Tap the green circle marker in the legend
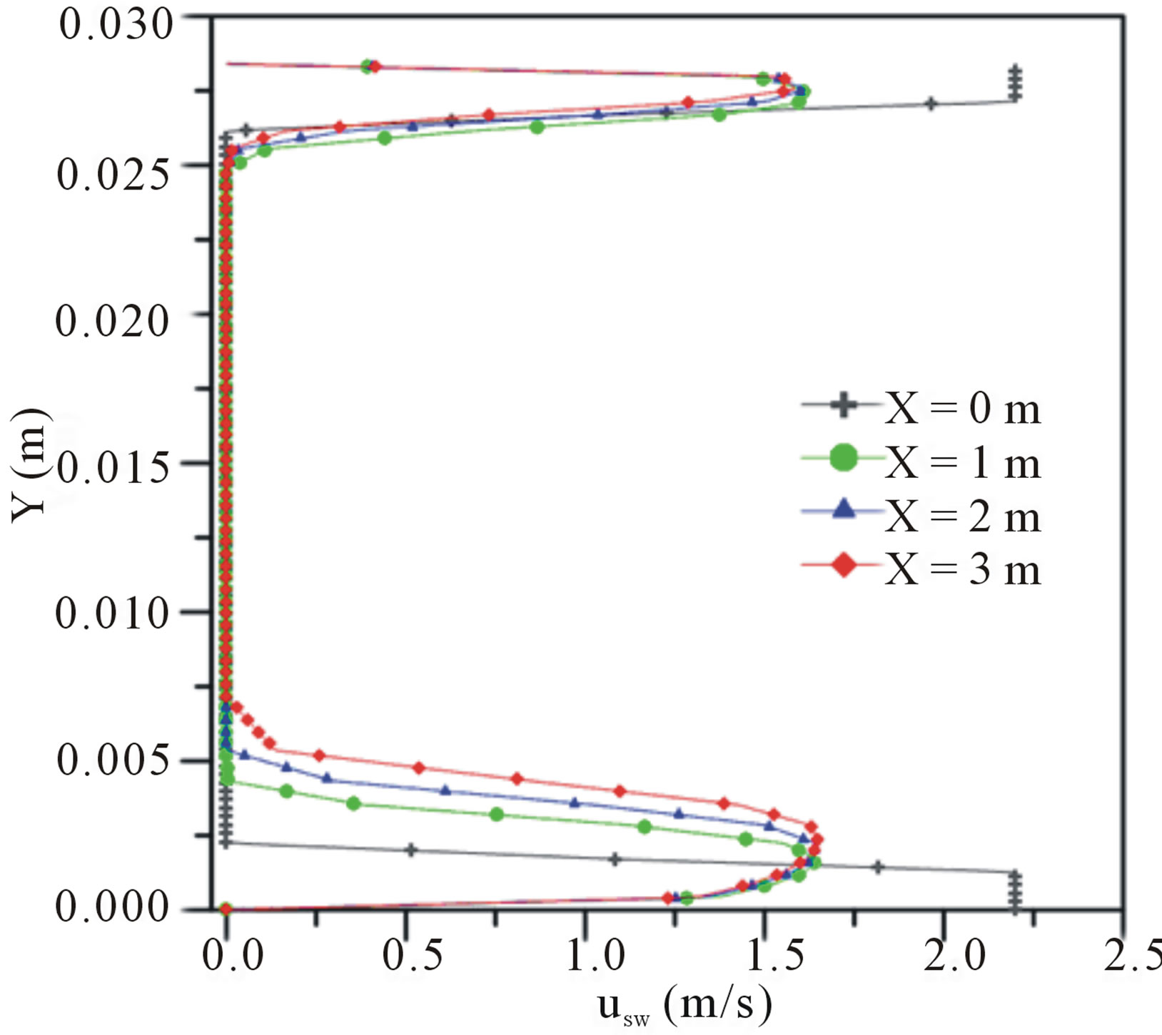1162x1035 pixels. [844, 457]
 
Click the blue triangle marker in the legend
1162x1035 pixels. [844, 509]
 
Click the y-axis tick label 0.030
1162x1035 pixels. [116, 24]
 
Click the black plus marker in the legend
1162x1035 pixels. [844, 405]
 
